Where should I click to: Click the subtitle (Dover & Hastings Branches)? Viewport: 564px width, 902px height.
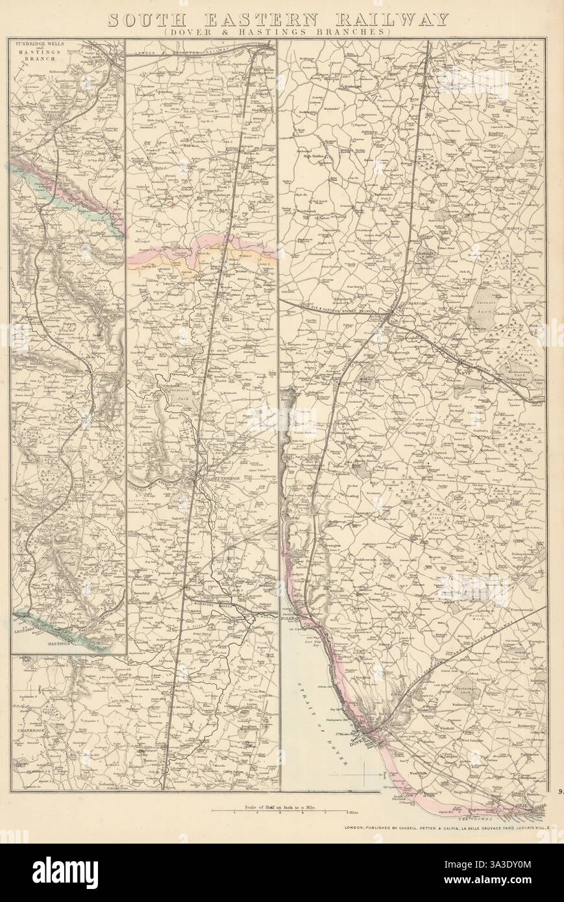pos(277,32)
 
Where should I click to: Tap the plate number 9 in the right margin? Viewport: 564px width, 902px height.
pos(559,790)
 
